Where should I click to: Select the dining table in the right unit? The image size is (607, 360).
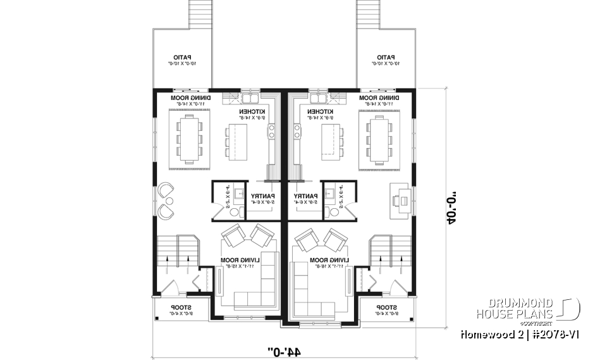pos(379,139)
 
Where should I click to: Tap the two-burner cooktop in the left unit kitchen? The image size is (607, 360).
pos(271,131)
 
